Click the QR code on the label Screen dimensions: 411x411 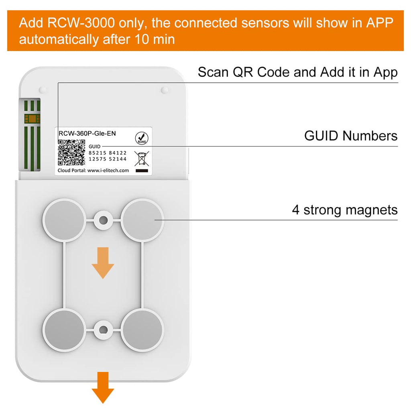[71, 153]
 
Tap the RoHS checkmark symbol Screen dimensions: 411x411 [141, 138]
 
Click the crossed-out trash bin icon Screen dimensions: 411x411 [142, 158]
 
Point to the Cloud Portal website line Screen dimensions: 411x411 [94, 170]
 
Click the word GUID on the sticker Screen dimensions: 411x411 [94, 146]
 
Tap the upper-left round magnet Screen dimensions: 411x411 [64, 220]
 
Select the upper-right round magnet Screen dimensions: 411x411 [142, 220]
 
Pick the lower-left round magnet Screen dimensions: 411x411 [64, 330]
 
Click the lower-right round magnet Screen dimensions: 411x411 [142, 330]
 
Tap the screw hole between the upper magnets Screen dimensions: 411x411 [104, 220]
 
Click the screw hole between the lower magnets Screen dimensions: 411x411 [104, 330]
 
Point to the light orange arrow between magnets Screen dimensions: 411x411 [103, 262]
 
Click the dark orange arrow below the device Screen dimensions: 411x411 [103, 387]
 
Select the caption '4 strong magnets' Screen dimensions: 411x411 [344, 210]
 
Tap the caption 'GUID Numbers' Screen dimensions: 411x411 [351, 136]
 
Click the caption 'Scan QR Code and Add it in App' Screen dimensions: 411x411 [297, 72]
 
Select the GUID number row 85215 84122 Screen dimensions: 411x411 [107, 153]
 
